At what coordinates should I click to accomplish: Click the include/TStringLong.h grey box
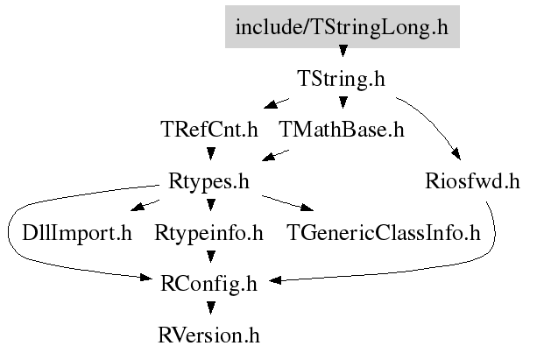point(343,27)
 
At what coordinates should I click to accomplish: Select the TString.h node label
point(342,79)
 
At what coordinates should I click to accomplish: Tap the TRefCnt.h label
point(209,130)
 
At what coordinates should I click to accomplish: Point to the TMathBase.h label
point(342,130)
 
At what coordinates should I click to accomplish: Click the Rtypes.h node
point(208,181)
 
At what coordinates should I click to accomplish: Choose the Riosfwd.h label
point(473,180)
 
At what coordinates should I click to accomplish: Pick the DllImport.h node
point(77,233)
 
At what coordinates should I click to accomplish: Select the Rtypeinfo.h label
point(208,233)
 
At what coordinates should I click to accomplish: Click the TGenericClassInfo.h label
point(384,233)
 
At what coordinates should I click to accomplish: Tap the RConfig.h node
point(208,285)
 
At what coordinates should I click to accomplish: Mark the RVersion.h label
point(208,335)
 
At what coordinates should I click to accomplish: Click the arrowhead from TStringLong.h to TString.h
point(343,51)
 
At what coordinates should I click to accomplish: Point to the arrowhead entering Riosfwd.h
point(457,154)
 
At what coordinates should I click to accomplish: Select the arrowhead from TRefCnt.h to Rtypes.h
point(211,153)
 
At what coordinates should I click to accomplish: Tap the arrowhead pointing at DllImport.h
point(138,206)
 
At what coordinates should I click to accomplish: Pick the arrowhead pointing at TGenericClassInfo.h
point(307,208)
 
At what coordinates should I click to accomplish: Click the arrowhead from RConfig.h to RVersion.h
point(211,308)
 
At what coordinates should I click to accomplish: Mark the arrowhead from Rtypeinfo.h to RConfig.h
point(211,257)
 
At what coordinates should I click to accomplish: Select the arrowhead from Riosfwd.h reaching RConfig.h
point(276,280)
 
